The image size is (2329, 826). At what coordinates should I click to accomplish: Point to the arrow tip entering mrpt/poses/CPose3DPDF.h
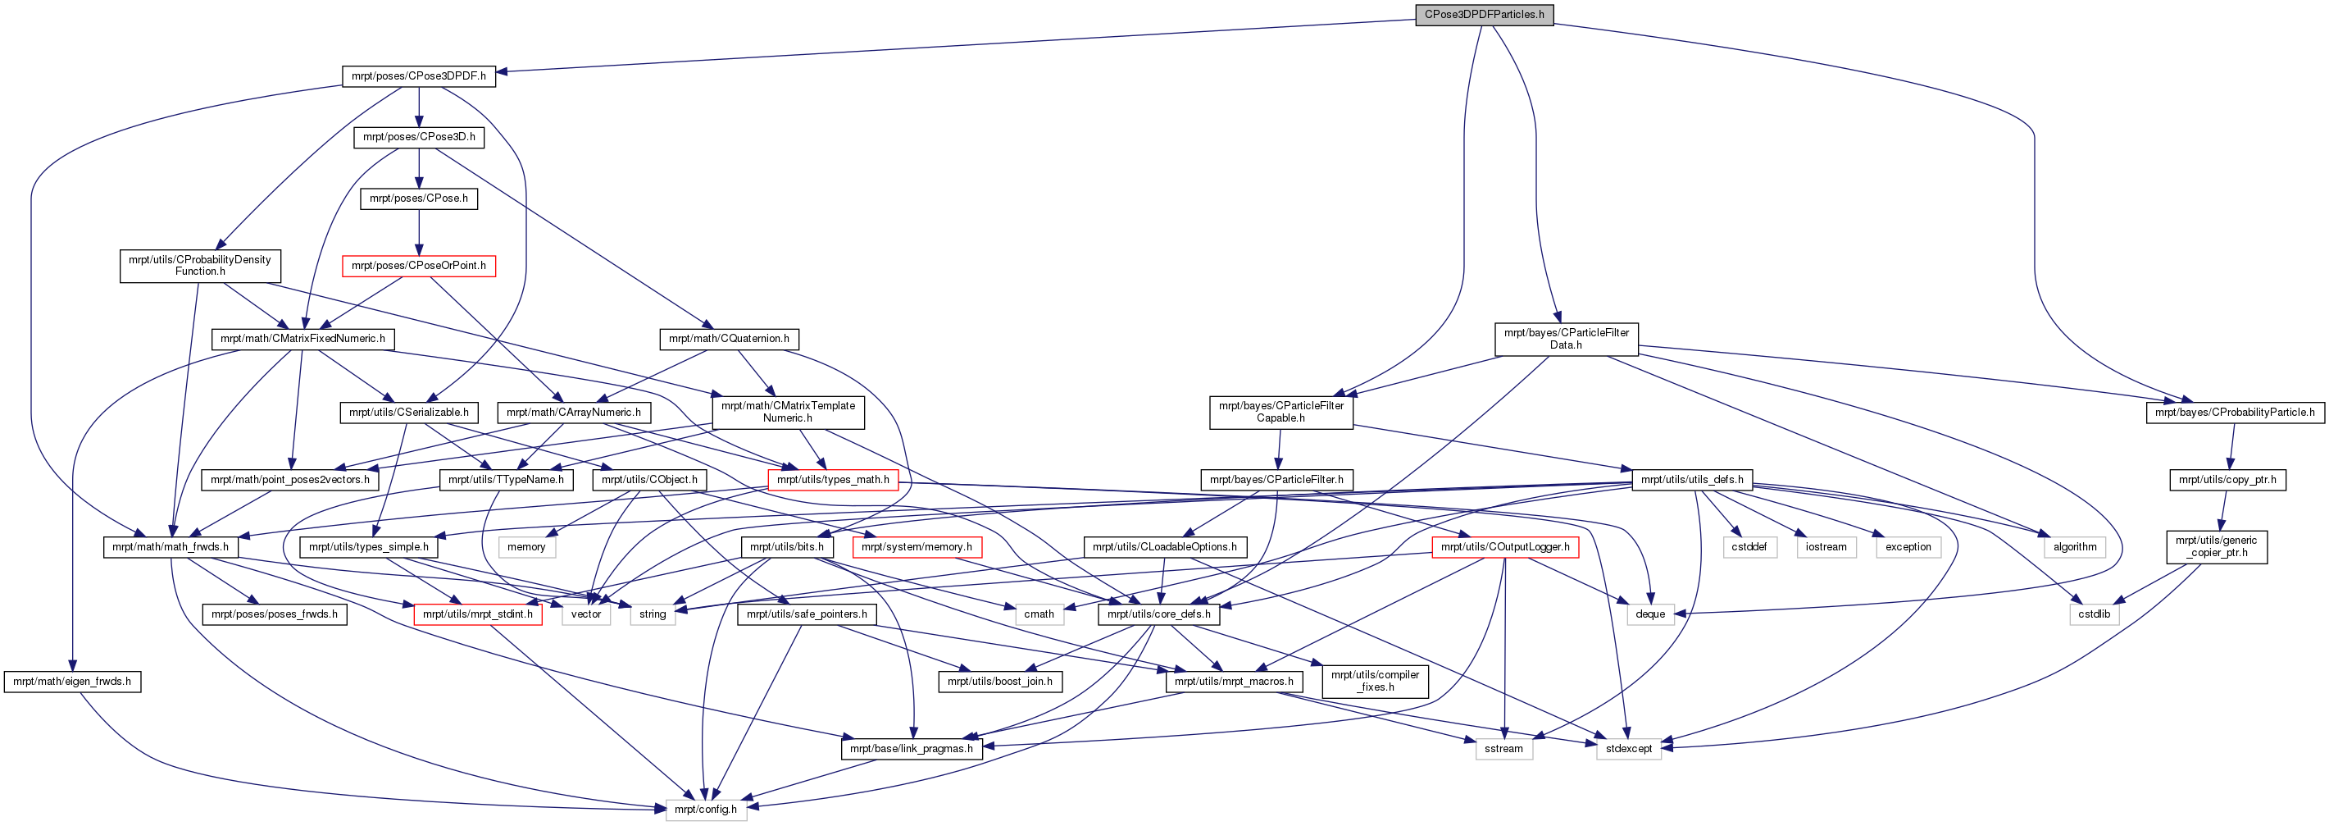pos(495,72)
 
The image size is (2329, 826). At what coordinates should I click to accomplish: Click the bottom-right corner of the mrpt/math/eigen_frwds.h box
pos(141,692)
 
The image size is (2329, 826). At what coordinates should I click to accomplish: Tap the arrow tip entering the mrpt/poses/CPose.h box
pos(419,187)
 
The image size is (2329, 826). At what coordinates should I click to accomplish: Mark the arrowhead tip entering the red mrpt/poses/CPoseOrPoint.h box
pos(419,255)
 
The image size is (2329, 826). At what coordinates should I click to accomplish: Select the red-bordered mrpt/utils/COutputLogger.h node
pos(1505,546)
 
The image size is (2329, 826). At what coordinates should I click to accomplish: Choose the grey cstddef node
pos(1750,546)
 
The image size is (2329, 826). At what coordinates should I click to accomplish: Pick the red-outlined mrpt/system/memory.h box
pos(917,546)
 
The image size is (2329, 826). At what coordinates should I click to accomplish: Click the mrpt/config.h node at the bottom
pos(706,809)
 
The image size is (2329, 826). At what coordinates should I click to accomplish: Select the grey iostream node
pos(1826,546)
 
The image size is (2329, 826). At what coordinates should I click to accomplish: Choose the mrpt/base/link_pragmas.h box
pos(912,748)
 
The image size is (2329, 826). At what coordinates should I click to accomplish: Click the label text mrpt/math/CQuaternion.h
pos(729,339)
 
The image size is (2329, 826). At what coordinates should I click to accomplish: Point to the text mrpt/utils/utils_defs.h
pos(1691,480)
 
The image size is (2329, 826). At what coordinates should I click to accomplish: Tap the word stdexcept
pos(1628,748)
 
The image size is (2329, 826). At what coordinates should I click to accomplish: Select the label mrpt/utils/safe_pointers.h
pos(807,614)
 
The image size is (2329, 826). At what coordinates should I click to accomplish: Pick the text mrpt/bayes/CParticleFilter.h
pos(1276,480)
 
